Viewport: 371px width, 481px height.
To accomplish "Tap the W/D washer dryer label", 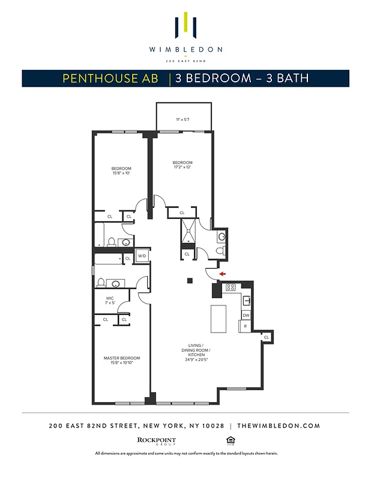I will coord(142,256).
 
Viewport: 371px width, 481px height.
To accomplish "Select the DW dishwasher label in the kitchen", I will coord(246,315).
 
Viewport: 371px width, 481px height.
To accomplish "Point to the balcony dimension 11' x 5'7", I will coord(184,120).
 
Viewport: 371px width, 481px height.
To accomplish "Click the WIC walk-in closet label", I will coord(110,300).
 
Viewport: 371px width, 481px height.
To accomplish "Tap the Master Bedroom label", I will coord(118,360).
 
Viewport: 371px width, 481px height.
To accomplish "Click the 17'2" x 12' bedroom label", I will coord(182,165).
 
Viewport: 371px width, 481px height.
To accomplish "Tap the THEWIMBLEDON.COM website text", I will coord(279,426).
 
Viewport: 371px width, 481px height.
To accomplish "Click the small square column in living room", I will coord(189,280).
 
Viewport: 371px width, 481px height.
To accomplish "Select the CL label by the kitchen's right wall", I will coord(266,338).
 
